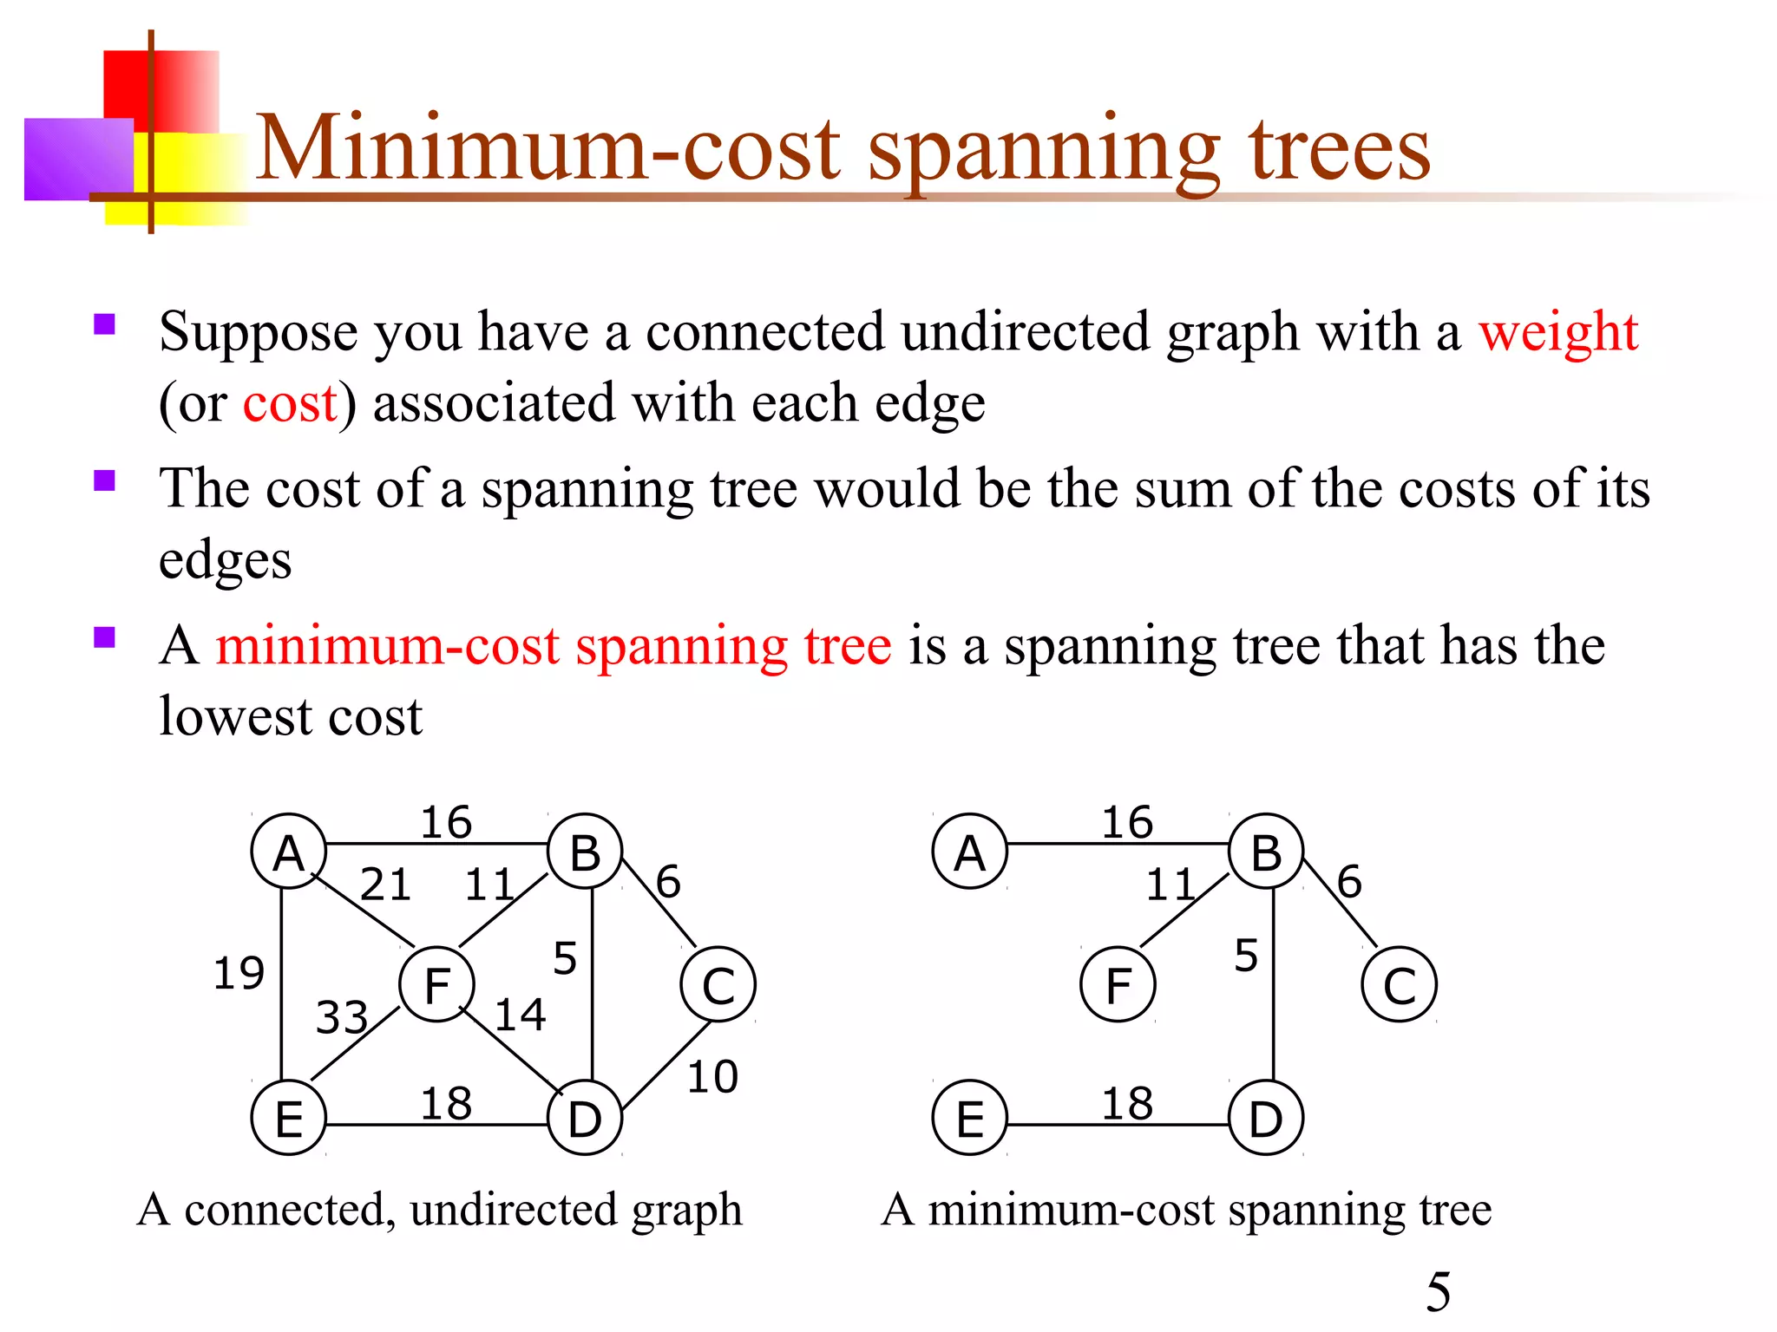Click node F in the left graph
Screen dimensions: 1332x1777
point(436,984)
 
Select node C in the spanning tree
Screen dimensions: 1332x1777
point(1400,985)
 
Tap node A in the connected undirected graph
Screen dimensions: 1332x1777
point(289,852)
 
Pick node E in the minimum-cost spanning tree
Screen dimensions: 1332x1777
point(970,1118)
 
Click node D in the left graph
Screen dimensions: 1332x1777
point(586,1118)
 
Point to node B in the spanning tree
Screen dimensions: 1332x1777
point(1267,852)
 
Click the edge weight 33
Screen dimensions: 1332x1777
point(342,1017)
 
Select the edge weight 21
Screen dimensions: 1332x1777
point(385,885)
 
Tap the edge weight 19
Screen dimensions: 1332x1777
point(239,973)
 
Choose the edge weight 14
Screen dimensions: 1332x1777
point(520,1015)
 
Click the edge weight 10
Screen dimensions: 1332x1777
point(712,1077)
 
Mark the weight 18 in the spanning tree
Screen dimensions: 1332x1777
point(1127,1104)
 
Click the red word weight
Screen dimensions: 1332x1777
point(1558,331)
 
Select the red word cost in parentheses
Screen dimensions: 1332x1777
point(290,403)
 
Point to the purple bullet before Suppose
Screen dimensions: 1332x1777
point(105,324)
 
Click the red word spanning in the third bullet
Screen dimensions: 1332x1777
point(681,646)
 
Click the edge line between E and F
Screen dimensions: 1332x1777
point(356,1043)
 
